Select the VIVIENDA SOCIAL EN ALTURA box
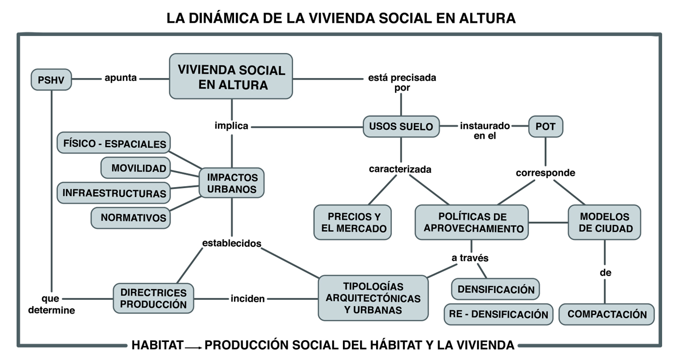click(x=231, y=77)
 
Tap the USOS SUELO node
click(x=401, y=126)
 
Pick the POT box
click(x=545, y=126)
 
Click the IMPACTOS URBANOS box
click(x=232, y=183)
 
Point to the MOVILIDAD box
click(x=136, y=168)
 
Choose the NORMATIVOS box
click(x=131, y=217)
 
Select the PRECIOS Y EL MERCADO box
click(x=353, y=223)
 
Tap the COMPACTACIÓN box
click(x=607, y=314)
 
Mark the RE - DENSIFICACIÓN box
click(x=498, y=314)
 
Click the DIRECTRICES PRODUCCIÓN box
click(x=153, y=298)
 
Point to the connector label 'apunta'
click(x=121, y=78)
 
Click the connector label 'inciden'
click(x=248, y=298)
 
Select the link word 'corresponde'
click(x=546, y=173)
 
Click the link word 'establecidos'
click(x=232, y=243)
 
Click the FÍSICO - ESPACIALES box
click(x=114, y=144)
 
